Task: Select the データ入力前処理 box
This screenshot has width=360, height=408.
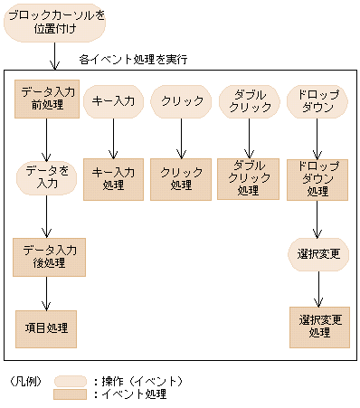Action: coord(49,99)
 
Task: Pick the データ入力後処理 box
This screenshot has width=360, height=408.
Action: coord(49,257)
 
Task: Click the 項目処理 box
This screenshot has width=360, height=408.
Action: coord(45,327)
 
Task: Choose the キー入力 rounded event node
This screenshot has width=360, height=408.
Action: coord(113,100)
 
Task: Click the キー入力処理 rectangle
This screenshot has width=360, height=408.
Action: coord(114,178)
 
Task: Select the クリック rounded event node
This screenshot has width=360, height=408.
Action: coord(181,100)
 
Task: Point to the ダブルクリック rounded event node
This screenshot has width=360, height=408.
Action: coord(248,100)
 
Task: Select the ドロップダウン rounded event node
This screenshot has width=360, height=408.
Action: coord(317,100)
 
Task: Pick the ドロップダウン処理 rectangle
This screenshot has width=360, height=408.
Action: coord(317,178)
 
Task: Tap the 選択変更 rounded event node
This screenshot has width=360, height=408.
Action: coord(317,254)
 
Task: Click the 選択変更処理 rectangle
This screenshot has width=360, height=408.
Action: coord(317,327)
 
